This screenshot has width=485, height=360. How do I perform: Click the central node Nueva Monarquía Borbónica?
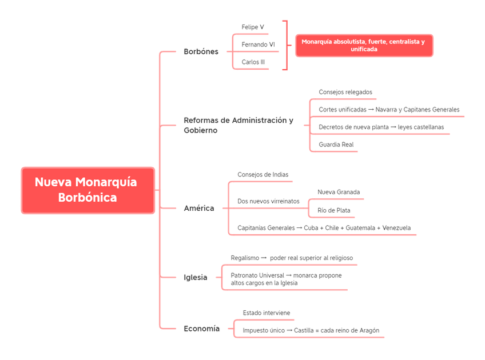click(88, 190)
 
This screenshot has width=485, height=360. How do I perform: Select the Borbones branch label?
click(201, 51)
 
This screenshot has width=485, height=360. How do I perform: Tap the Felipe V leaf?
click(253, 27)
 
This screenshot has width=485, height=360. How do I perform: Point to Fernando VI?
click(258, 44)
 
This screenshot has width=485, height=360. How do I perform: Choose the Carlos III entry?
click(254, 61)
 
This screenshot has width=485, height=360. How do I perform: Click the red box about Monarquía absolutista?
click(363, 46)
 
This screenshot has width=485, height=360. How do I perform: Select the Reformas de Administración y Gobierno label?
click(238, 125)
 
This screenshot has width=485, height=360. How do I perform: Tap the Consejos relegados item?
click(345, 91)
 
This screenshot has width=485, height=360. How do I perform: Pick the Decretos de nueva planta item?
click(381, 127)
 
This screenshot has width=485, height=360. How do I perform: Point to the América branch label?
click(198, 209)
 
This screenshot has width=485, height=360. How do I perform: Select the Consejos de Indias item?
click(263, 174)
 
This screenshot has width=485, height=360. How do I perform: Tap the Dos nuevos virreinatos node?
click(268, 201)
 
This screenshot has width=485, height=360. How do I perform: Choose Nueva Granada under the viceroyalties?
click(339, 192)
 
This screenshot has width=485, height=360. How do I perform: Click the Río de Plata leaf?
click(335, 210)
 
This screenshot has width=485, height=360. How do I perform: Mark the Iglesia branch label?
click(195, 278)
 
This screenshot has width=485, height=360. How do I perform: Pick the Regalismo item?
click(292, 258)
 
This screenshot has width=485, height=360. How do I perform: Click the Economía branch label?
click(201, 329)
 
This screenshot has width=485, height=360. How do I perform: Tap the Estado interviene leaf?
click(267, 313)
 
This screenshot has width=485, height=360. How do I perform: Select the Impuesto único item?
click(311, 330)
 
